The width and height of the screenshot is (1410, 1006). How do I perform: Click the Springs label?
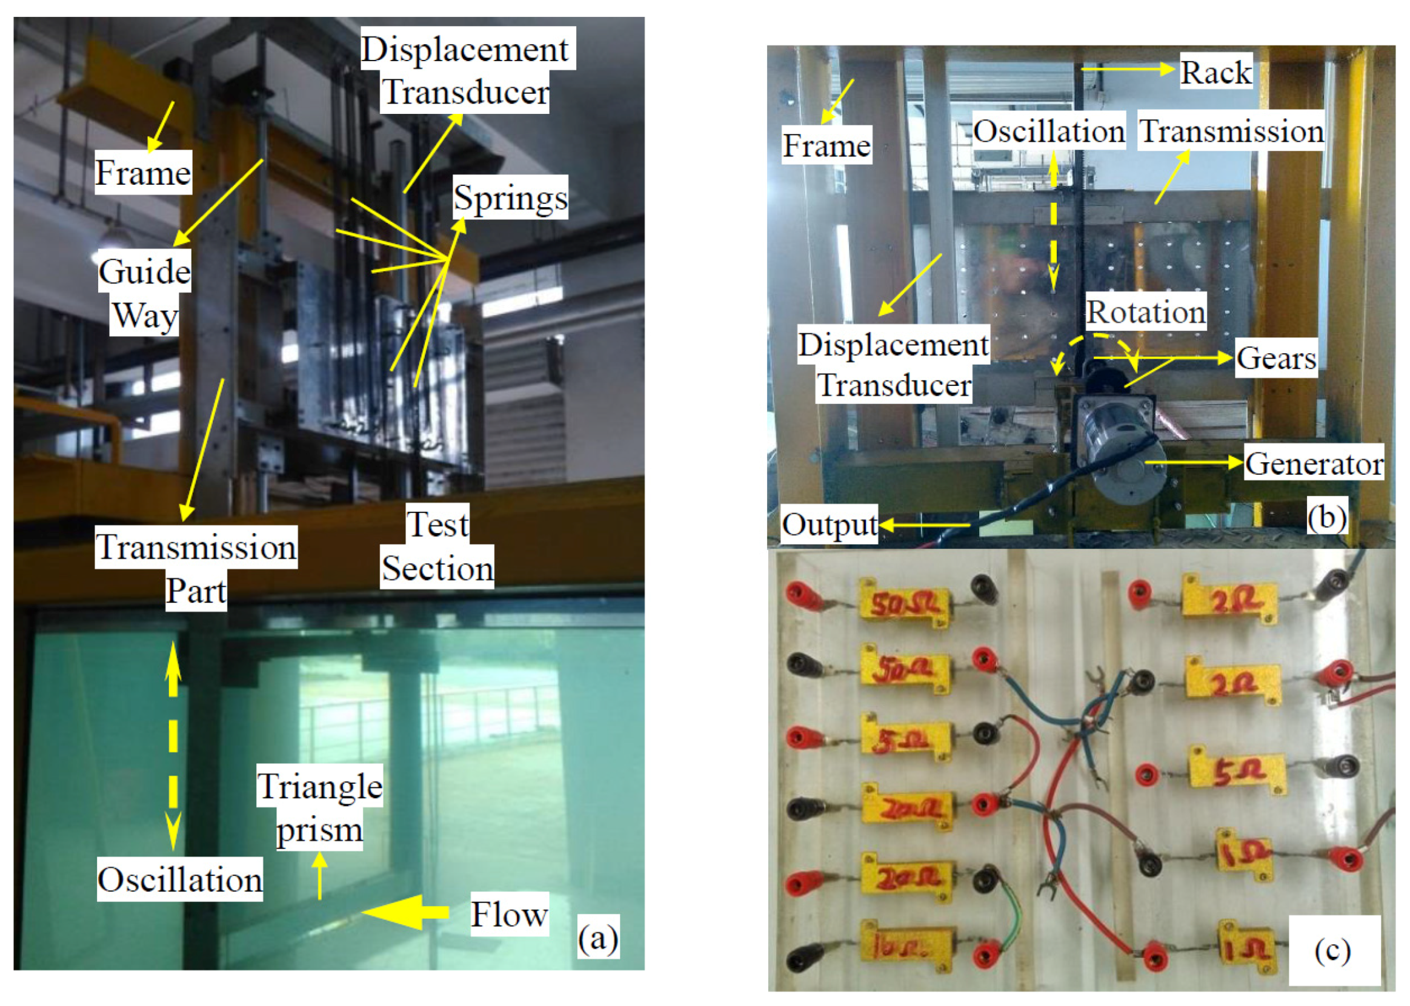point(510,197)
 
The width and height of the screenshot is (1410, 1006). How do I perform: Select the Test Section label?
point(437,546)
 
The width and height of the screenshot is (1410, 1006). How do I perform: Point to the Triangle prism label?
point(319,807)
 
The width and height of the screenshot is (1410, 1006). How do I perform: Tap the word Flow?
point(509,914)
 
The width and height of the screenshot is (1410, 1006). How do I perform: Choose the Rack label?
point(1215,72)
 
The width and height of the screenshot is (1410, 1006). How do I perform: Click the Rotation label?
point(1145,311)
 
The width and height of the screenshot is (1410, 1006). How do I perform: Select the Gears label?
point(1276,357)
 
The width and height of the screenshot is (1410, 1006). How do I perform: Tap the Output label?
point(830,525)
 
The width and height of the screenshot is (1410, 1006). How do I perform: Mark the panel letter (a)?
point(597,939)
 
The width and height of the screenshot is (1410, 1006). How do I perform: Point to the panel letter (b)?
point(1326,516)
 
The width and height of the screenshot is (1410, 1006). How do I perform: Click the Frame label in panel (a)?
point(142,172)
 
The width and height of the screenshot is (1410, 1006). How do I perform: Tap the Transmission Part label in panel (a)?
point(196,568)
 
